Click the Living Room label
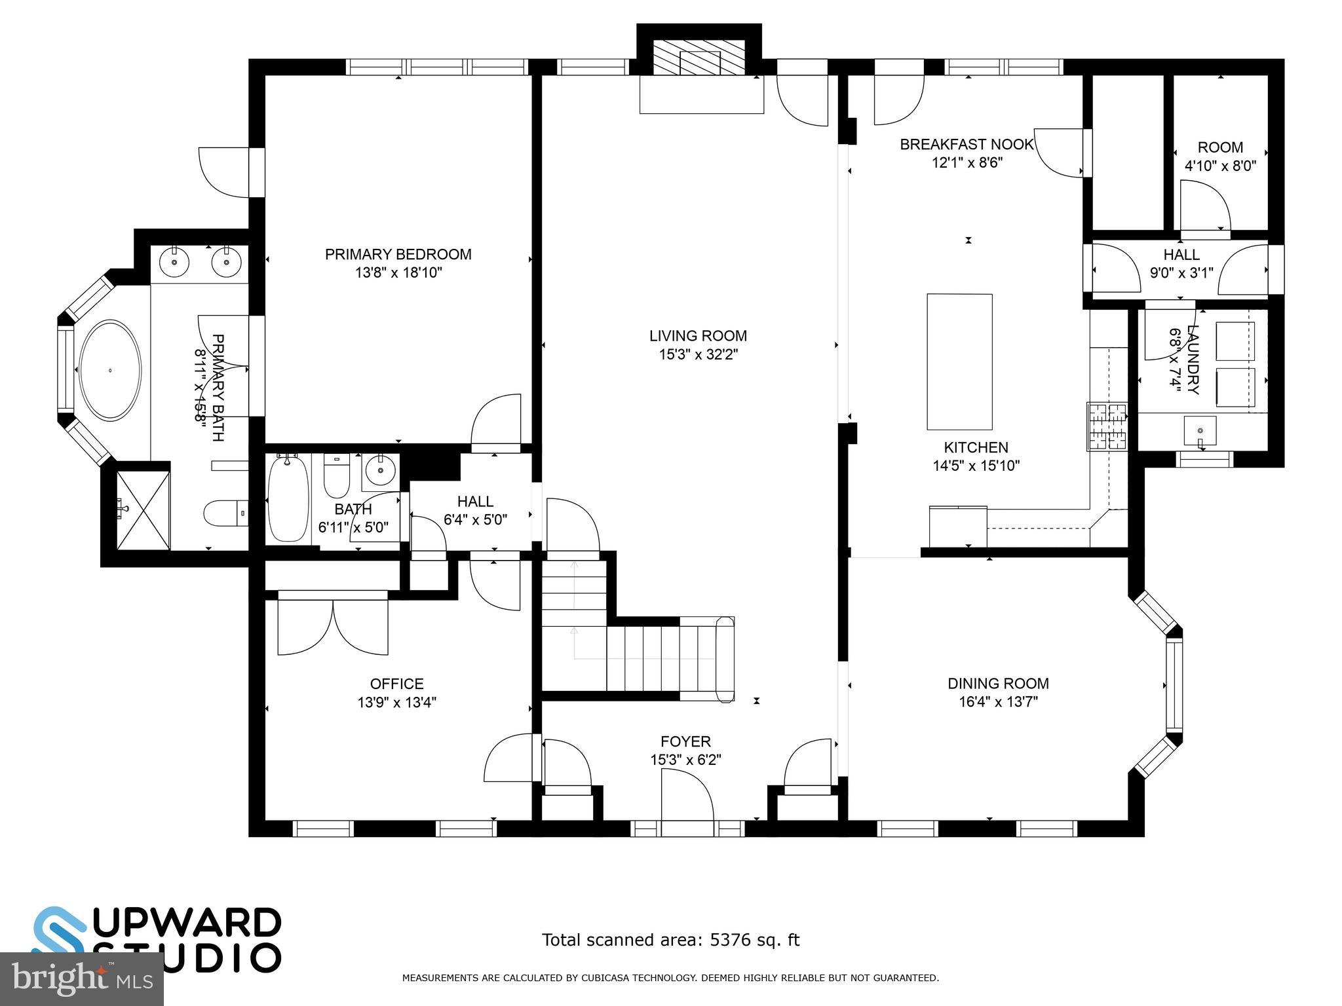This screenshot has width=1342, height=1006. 698,336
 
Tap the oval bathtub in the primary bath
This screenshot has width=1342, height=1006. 109,370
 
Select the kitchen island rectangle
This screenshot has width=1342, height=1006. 959,362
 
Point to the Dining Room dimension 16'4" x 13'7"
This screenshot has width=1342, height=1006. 998,702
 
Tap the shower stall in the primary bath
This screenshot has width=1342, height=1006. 143,510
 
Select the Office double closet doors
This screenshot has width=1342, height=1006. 333,625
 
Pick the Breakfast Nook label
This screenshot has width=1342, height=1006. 967,144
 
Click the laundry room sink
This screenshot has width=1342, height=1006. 1200,431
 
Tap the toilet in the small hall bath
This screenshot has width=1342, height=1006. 337,477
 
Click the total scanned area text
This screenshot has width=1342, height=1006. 670,940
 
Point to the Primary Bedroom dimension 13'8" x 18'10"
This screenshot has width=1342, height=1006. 398,272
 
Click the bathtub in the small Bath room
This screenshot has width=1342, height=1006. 288,498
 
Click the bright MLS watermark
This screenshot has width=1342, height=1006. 81,978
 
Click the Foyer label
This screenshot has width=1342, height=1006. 685,741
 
